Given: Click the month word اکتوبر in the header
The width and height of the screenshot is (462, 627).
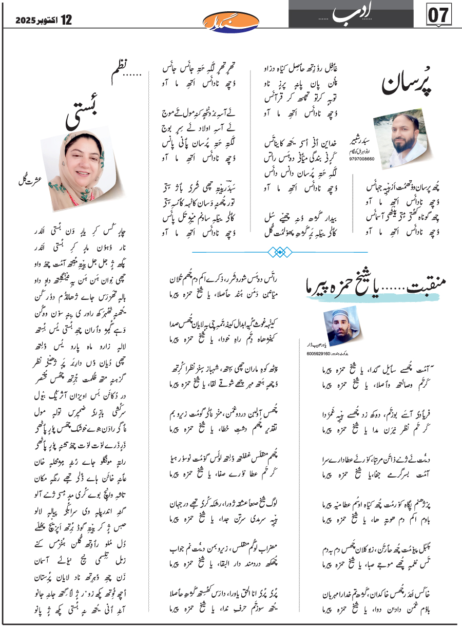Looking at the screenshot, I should pyautogui.click(x=49, y=21).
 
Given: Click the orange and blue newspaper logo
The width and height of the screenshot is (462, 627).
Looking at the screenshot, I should pyautogui.click(x=230, y=21).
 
